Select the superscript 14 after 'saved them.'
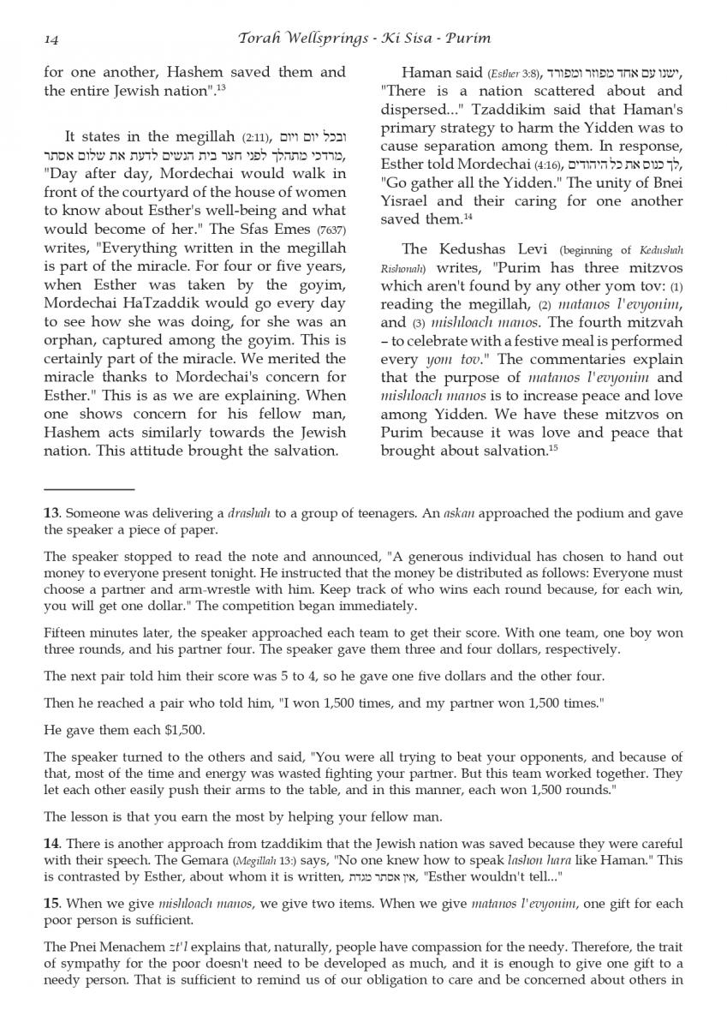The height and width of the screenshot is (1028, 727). tap(468, 216)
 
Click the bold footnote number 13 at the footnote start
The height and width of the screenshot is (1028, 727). tap(51, 513)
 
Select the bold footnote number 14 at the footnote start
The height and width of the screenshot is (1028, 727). tap(51, 843)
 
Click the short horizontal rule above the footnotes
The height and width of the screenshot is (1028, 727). tap(89, 488)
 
